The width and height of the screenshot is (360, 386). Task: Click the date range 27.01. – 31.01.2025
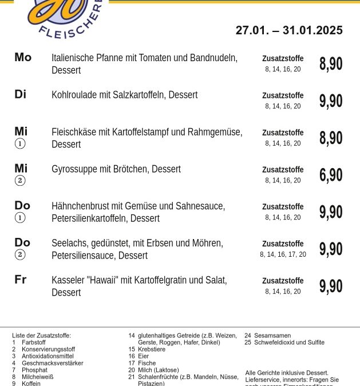[x=289, y=30]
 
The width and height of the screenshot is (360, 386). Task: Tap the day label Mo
[x=23, y=57]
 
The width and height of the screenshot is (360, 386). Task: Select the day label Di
[x=21, y=94]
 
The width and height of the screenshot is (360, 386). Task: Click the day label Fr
[x=21, y=280]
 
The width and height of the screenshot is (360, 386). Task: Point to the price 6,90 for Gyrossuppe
[x=331, y=175]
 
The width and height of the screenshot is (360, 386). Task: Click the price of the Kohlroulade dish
[x=331, y=101]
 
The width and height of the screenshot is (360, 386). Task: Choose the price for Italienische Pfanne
[x=331, y=63]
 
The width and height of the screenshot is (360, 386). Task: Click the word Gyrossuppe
[x=73, y=169]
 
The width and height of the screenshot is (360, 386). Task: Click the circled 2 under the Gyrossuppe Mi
[x=20, y=181]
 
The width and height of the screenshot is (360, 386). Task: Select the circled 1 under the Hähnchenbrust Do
[x=20, y=217]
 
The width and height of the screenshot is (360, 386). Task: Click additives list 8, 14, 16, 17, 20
[x=283, y=254]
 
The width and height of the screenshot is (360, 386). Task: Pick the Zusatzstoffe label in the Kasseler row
[x=283, y=281]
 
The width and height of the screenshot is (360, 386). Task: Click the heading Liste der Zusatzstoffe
[x=42, y=335]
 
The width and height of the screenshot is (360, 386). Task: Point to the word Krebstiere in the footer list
[x=152, y=349]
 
